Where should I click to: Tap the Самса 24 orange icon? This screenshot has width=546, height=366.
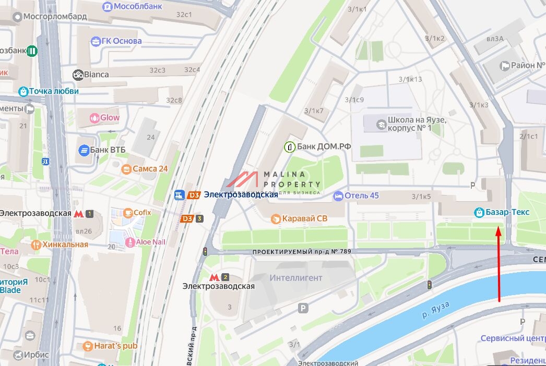pos(126,169)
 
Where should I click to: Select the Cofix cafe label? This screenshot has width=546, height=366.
pos(142,212)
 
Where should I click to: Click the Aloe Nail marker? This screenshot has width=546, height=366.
pos(113,242)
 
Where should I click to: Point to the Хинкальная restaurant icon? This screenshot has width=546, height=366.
pos(36,245)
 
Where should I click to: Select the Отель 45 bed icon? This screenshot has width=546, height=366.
pos(338,196)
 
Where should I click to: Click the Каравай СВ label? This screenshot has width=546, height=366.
pos(305,218)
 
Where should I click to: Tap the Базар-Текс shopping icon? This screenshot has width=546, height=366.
pos(479,212)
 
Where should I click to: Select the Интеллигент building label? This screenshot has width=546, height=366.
pos(296,278)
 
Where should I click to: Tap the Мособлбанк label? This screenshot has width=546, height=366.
pos(139,6)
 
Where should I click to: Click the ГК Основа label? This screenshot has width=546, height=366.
pos(121,41)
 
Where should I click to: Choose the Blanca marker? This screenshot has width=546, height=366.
pos(78,75)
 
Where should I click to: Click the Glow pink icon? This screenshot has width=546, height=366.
pos(94,118)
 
